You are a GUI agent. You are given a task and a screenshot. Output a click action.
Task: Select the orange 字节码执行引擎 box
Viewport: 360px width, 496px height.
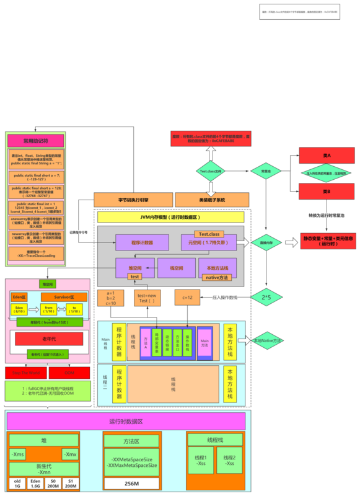(x=132, y=200)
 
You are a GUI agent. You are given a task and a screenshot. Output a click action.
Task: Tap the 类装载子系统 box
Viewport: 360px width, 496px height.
(x=212, y=200)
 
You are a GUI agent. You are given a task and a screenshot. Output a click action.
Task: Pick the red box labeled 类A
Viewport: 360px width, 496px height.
(x=327, y=155)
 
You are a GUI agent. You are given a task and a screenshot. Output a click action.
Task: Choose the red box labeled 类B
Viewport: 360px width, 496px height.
(x=327, y=192)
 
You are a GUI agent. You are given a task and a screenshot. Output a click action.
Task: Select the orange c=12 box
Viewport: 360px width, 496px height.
(x=187, y=298)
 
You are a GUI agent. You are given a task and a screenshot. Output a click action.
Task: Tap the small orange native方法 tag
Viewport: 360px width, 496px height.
(x=217, y=277)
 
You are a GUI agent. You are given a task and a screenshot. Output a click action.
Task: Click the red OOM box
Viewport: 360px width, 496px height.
(x=69, y=373)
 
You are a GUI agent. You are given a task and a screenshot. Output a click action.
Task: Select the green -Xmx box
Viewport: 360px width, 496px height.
(x=71, y=454)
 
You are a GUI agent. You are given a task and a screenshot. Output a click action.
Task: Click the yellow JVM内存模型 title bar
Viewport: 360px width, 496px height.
(x=172, y=216)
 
